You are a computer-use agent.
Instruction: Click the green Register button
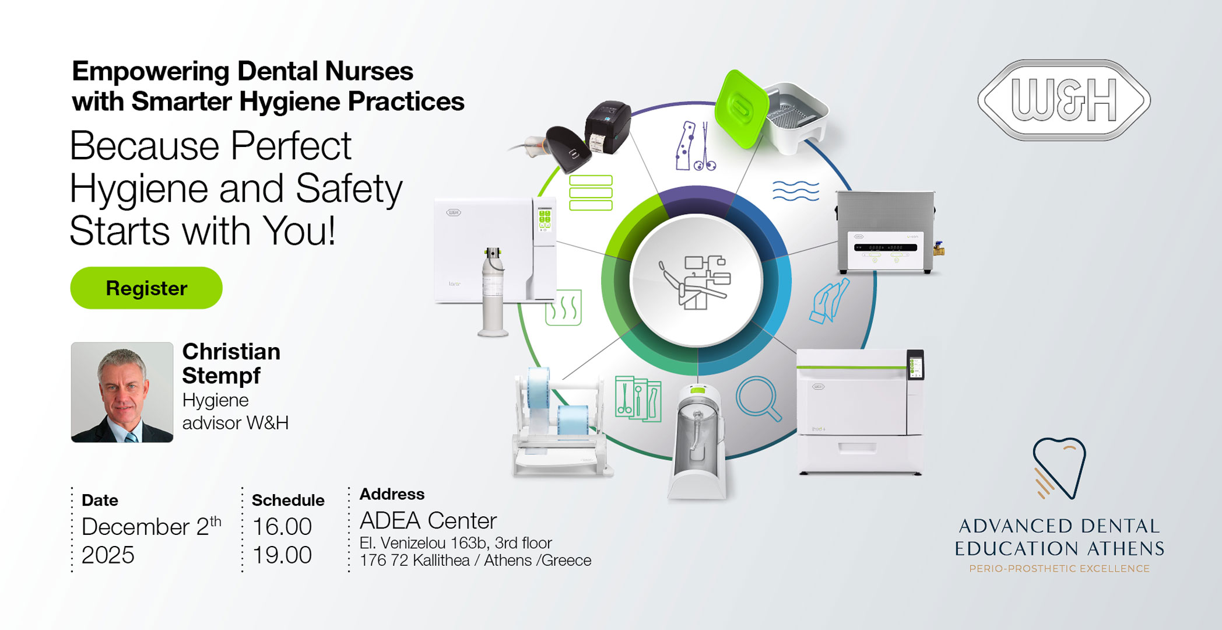146,288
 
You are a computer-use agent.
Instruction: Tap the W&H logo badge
1064,100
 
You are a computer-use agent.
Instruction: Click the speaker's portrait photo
122,392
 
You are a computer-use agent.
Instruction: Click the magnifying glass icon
758,398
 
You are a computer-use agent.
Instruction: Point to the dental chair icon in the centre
696,282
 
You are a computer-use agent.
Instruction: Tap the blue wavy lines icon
796,190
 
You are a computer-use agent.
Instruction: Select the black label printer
608,128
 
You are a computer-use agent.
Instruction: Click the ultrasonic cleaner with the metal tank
886,232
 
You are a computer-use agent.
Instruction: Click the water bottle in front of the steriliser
493,292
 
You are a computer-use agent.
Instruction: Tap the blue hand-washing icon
829,301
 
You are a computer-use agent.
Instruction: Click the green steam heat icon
563,307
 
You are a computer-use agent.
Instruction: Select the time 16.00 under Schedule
282,527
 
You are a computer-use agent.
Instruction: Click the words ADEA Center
428,520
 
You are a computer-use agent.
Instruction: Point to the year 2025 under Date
108,555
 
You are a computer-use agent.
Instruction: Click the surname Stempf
221,376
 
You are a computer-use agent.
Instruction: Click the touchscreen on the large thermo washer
915,366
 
